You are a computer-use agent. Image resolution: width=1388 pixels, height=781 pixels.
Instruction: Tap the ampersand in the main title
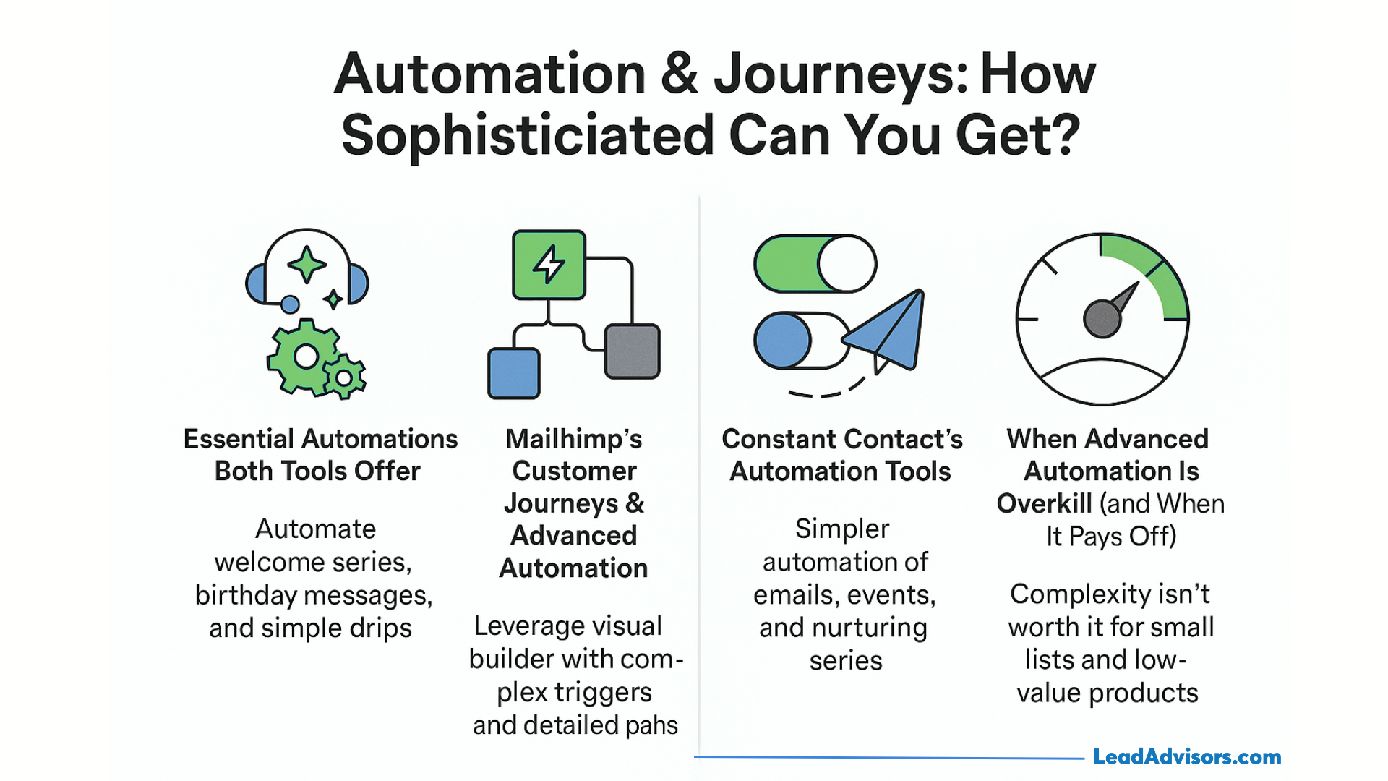pos(679,74)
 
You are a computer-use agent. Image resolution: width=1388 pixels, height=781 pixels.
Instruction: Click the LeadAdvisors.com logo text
pos(1186,756)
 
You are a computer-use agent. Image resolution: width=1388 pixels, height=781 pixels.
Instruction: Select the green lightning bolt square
pos(549,265)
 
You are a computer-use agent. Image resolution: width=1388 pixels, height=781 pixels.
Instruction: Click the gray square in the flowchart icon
pos(632,351)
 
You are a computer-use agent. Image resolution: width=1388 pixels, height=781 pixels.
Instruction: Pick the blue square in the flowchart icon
pos(513,373)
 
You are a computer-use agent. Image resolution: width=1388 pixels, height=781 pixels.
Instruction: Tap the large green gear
pos(304,357)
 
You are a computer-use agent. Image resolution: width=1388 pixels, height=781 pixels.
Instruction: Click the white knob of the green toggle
pos(847,264)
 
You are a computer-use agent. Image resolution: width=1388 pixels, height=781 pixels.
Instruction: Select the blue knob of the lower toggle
pos(782,341)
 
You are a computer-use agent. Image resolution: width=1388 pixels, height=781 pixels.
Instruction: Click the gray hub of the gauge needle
pos(1101,319)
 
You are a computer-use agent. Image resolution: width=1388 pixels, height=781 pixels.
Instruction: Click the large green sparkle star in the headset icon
pos(307,264)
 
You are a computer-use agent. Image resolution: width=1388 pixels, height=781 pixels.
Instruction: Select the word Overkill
pos(1044,503)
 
